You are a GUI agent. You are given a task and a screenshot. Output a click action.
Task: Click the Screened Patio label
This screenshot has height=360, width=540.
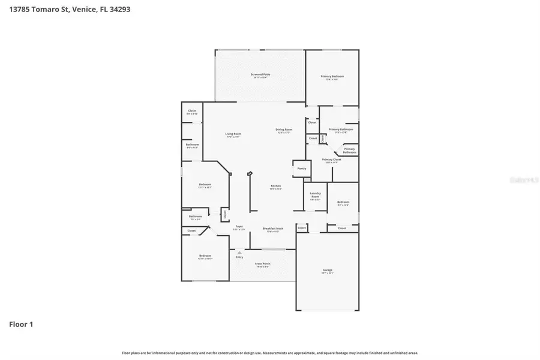point(261,75)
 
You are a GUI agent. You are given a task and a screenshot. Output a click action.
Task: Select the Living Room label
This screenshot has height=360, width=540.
point(233,134)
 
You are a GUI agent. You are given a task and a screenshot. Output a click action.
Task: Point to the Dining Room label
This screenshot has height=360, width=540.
point(283,130)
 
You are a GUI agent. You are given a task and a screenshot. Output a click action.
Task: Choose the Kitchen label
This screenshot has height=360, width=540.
point(275,187)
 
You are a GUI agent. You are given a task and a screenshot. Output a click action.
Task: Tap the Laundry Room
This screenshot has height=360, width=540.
point(315,196)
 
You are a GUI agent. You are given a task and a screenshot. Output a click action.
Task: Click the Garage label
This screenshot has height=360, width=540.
point(328,271)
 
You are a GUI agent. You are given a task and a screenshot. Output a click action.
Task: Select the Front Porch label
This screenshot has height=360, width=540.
point(262,264)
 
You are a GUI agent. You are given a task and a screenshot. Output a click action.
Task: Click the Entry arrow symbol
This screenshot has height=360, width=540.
point(239,253)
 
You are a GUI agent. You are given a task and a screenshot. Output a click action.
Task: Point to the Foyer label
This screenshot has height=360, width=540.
point(239,227)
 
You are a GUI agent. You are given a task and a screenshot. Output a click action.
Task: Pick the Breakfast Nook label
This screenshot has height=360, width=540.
point(272,229)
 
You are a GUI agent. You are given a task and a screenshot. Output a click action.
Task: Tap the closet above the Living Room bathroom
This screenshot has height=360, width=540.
point(192,112)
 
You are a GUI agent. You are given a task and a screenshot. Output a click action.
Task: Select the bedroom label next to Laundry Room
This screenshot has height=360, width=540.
point(343,203)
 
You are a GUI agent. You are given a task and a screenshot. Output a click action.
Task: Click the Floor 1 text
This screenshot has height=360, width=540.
point(21,325)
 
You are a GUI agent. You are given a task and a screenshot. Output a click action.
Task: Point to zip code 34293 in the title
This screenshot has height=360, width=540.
point(119,10)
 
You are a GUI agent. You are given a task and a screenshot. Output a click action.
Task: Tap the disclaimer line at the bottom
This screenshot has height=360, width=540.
point(270,353)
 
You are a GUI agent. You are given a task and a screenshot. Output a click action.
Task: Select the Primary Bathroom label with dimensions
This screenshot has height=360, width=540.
point(340,130)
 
